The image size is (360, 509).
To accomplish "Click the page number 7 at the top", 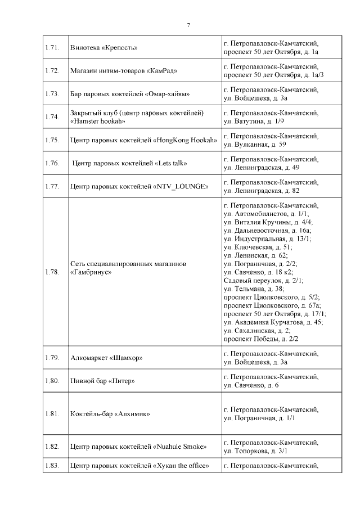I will (188, 25).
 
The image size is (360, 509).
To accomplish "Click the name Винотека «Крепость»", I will (104, 48).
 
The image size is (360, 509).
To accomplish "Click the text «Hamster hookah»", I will (98, 121).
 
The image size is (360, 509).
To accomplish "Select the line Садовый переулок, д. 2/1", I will (263, 280).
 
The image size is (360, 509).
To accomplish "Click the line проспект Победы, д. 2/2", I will (260, 339).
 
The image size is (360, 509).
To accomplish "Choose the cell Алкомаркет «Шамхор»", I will (106, 358).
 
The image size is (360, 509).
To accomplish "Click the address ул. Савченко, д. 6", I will (251, 385).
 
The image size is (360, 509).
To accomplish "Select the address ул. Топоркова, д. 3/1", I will (255, 451).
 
